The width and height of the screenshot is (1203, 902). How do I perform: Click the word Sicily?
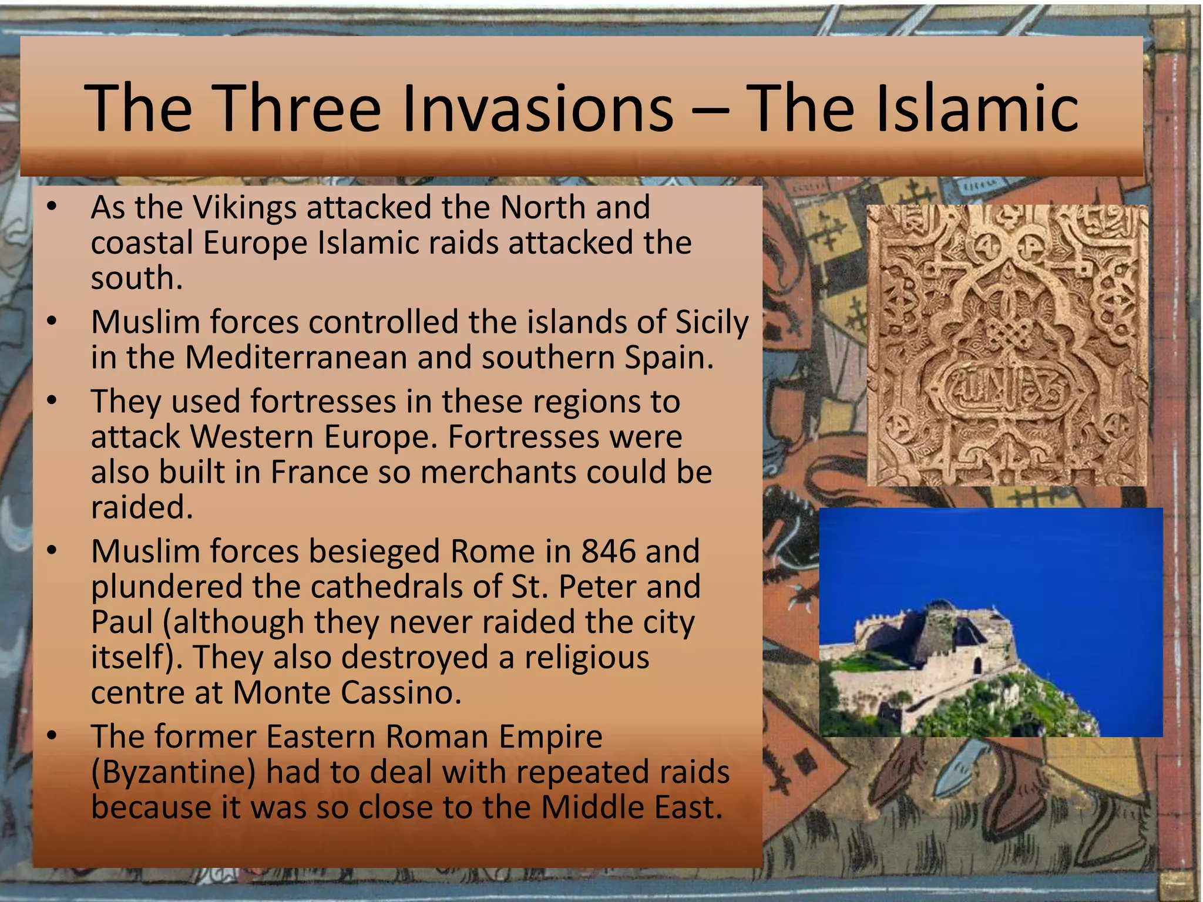tap(712, 322)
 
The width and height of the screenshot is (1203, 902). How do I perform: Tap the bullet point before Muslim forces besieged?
tap(52, 551)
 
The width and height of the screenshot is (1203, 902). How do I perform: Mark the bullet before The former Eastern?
tap(52, 736)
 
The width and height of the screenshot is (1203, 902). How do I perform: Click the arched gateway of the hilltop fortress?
tap(979, 665)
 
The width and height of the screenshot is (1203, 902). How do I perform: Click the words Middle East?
tap(631, 807)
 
